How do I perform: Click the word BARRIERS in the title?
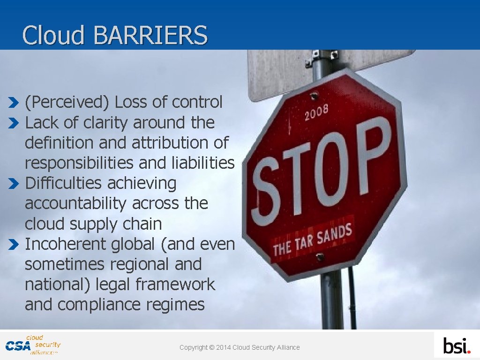click(150, 35)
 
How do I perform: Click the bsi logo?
click(457, 346)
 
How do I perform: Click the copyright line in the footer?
click(240, 347)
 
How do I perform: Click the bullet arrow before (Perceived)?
click(14, 102)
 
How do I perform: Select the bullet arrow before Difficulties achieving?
click(14, 183)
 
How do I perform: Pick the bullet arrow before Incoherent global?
click(14, 244)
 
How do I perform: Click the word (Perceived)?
click(67, 102)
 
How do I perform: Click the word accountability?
click(75, 203)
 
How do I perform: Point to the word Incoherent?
click(66, 244)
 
